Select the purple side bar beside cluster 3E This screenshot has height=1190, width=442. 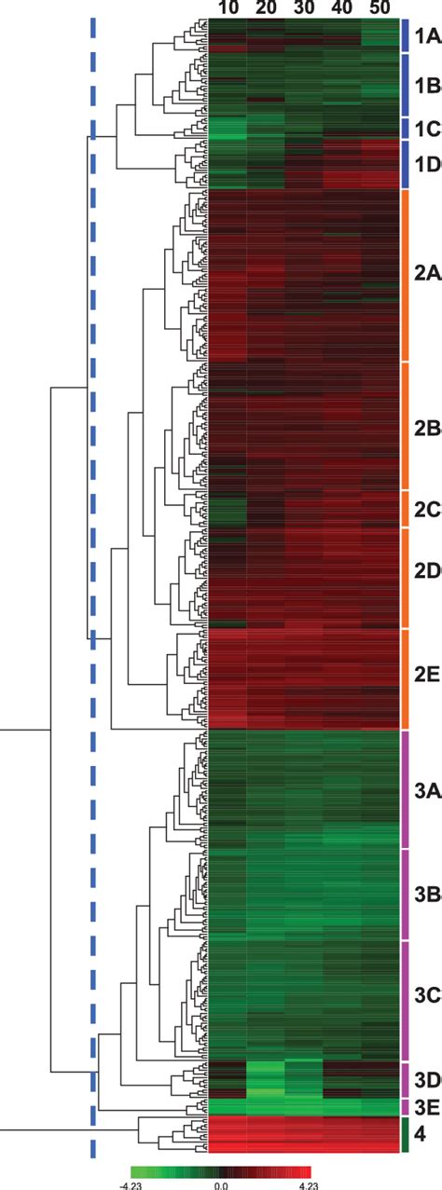click(405, 1107)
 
